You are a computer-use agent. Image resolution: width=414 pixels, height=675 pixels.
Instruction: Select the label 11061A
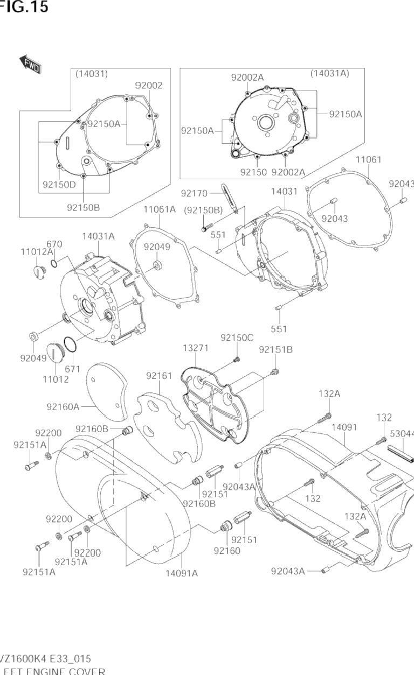click(160, 209)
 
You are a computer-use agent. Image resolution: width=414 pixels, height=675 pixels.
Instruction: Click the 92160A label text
click(63, 406)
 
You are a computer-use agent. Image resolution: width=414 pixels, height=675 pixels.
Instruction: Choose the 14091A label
click(182, 573)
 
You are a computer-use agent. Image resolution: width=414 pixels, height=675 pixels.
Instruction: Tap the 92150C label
click(237, 337)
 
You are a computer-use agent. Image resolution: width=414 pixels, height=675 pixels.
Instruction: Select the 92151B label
click(275, 349)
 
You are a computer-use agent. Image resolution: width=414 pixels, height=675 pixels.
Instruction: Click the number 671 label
click(72, 369)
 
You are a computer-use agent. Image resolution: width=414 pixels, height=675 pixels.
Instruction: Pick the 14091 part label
click(344, 427)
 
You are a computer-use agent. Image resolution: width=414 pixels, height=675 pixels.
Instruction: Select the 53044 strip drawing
click(399, 452)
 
